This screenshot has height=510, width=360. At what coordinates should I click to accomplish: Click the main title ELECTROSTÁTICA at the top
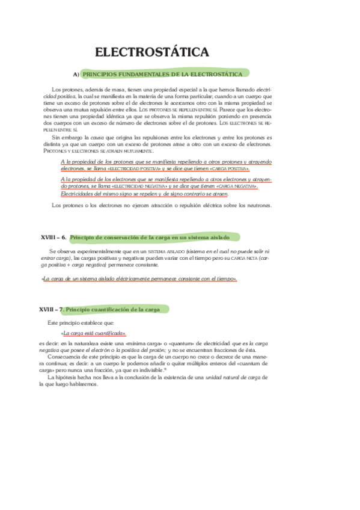(x=153, y=52)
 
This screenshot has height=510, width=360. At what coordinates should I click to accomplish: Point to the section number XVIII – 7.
(x=50, y=309)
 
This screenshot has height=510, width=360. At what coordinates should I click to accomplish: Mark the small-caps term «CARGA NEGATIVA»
(x=234, y=186)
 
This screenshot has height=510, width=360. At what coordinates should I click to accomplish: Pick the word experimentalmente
(x=102, y=251)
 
